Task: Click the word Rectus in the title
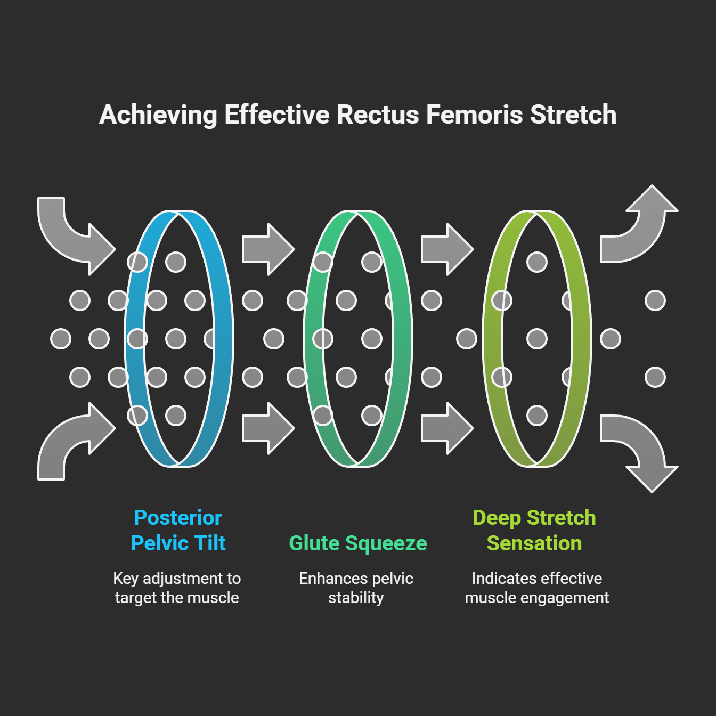pos(378,115)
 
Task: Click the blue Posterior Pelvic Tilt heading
pos(178,530)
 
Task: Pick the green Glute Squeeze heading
pos(357,543)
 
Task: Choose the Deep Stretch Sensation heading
pos(534,530)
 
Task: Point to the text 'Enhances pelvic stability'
pos(356,588)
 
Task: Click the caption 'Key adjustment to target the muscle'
pos(177,588)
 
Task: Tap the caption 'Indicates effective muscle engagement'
pos(536,588)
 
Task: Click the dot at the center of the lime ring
pos(536,339)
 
